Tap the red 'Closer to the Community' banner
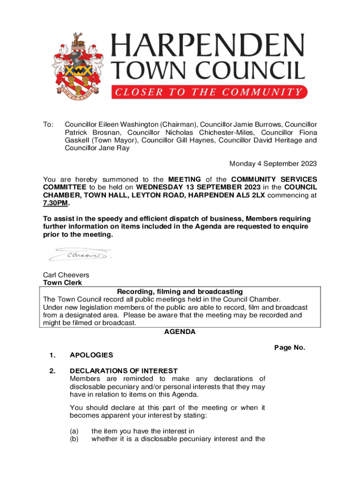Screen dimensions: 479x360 coord(209,92)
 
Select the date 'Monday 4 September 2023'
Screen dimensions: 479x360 coord(273,164)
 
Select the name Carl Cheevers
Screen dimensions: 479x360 coord(66,275)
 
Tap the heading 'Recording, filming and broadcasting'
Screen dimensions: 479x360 coord(180,292)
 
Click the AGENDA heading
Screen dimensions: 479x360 coord(180,332)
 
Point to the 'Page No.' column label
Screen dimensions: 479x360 coord(289,348)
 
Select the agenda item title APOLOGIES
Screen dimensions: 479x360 coord(91,355)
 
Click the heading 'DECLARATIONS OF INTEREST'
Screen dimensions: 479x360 coord(123,371)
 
